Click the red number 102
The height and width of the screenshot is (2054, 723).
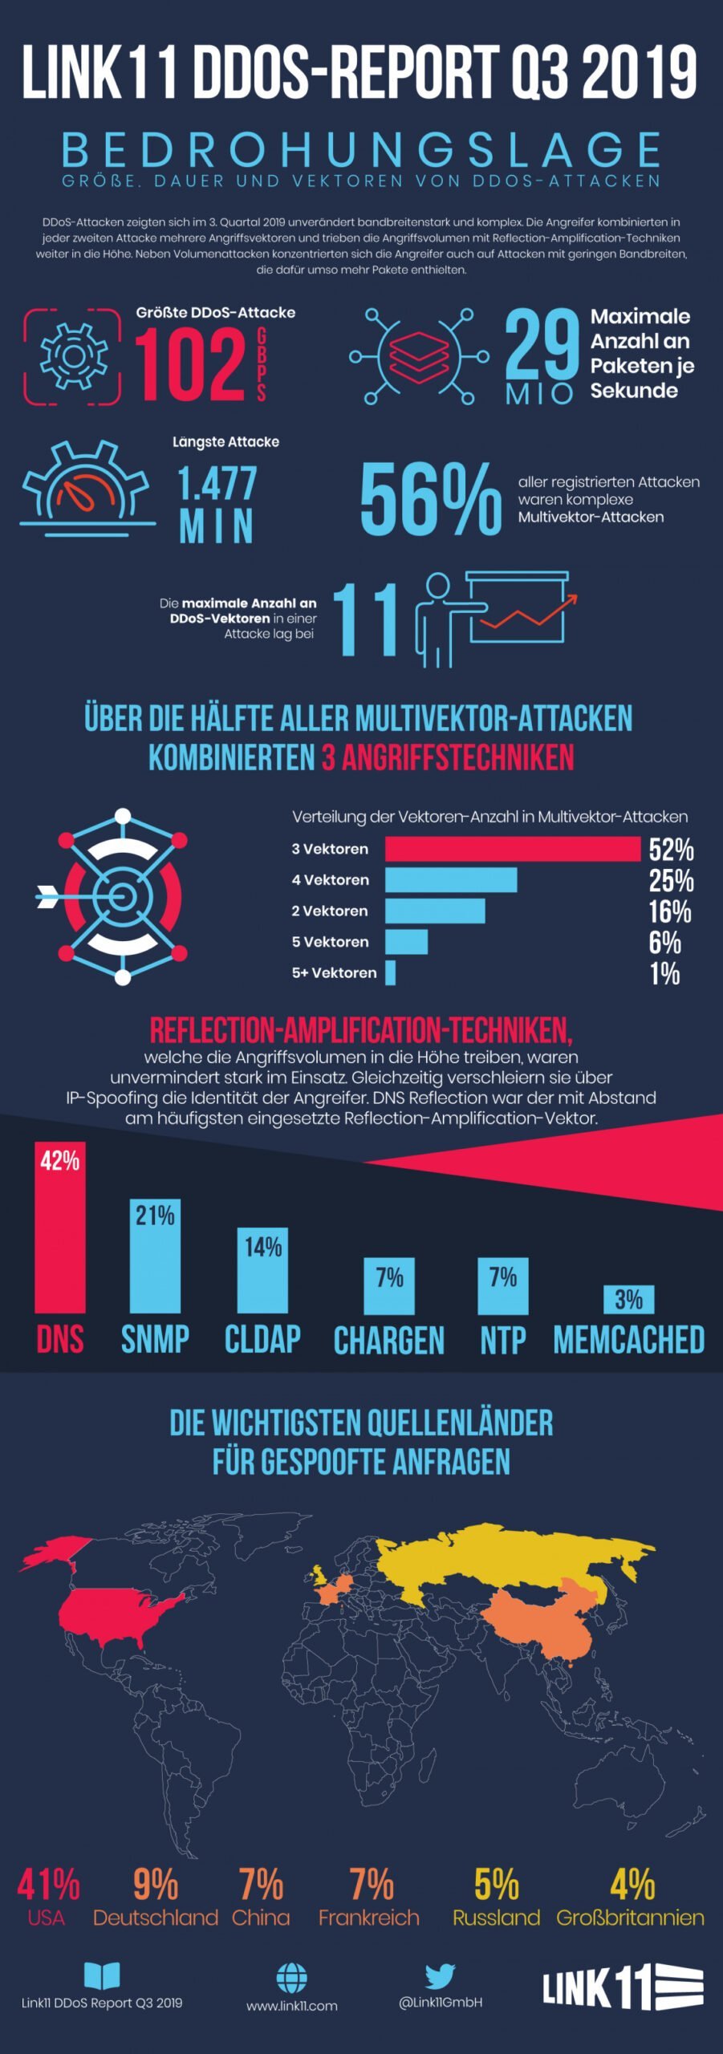point(190,366)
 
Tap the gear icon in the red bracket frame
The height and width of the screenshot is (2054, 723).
point(73,356)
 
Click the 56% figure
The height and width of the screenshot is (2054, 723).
point(431,499)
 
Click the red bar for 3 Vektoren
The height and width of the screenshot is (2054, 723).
point(512,849)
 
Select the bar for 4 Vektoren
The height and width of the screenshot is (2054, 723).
point(450,880)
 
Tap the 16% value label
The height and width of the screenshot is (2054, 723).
point(670,912)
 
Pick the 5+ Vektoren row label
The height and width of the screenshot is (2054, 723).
point(334,972)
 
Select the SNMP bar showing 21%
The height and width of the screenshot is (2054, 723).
point(155,1256)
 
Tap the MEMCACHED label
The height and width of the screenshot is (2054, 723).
point(628,1341)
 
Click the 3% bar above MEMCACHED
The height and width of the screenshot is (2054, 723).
point(628,1300)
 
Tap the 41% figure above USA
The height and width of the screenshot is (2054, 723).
point(48,1884)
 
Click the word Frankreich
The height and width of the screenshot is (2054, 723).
point(368,1918)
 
